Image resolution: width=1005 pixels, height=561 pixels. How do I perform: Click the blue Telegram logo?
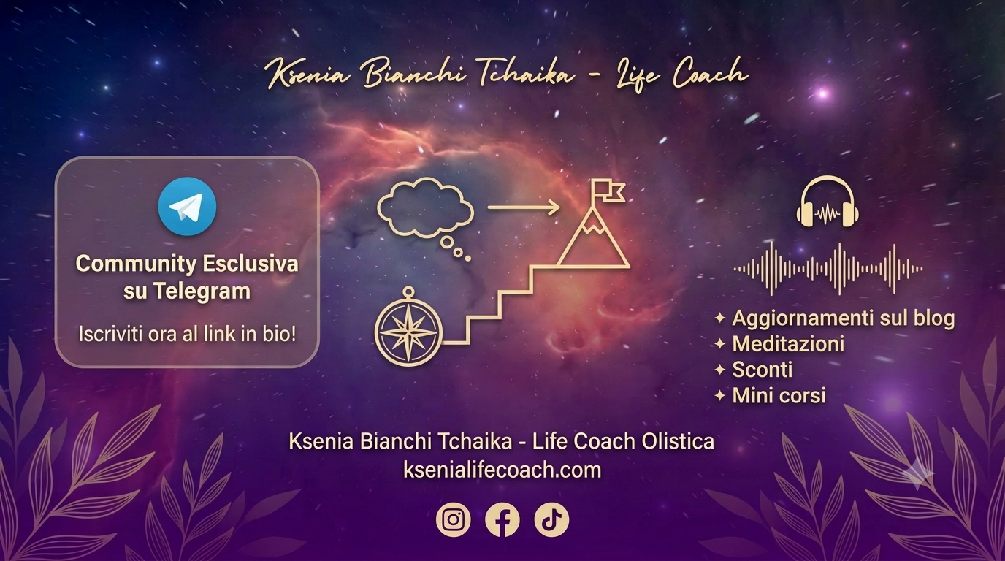pos(187,207)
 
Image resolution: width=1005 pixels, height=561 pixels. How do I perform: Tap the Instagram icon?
pos(453,519)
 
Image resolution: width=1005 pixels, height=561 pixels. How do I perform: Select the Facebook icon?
pos(502,519)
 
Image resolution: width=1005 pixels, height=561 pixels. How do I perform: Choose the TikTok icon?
pos(551,519)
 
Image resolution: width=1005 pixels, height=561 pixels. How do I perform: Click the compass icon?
pos(408,329)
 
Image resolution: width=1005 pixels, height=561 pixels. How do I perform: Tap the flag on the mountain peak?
pos(608,191)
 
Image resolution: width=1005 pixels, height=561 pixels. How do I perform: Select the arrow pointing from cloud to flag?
pos(524,207)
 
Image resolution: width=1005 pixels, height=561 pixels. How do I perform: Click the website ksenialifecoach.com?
pos(502,470)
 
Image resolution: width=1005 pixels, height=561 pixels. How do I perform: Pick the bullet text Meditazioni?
pos(788,344)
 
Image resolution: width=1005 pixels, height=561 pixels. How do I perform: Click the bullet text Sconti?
pos(763,370)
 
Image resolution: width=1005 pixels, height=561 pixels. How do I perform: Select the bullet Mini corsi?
pos(779,395)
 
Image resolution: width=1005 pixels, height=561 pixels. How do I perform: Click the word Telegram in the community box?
pos(202,291)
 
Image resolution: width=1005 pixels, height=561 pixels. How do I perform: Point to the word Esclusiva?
pos(251,264)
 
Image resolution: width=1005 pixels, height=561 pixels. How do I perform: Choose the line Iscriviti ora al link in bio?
pos(187,335)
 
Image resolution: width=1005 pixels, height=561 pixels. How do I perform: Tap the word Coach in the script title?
pos(710,75)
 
